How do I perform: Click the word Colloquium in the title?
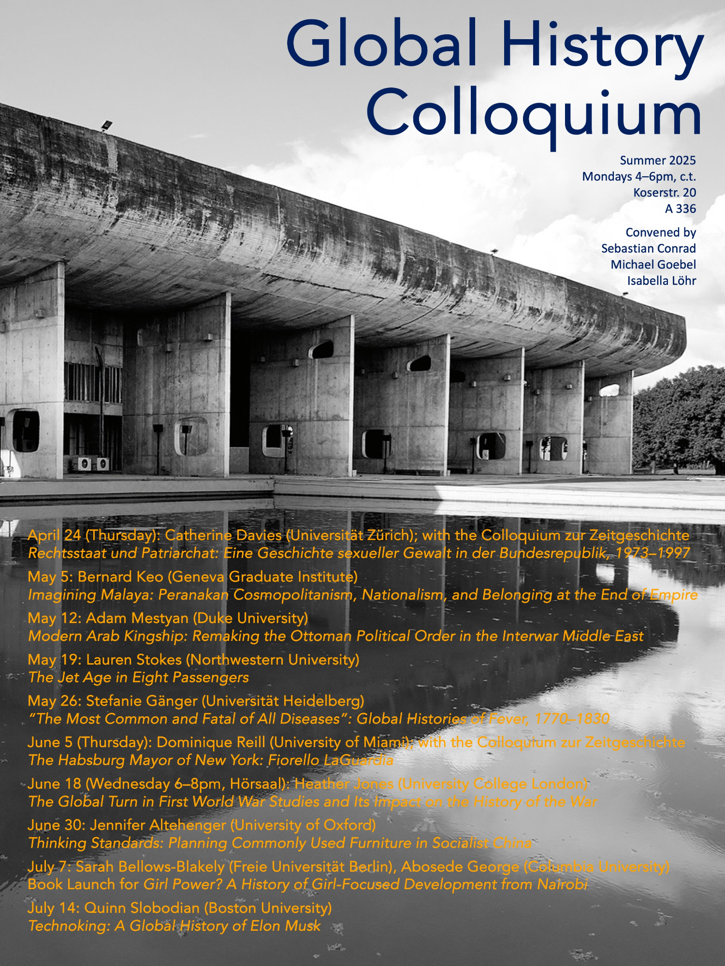pyautogui.click(x=534, y=114)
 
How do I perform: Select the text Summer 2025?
pyautogui.click(x=658, y=160)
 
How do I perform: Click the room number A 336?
pyautogui.click(x=680, y=209)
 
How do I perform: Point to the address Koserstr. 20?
pyautogui.click(x=665, y=193)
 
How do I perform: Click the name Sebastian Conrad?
pyautogui.click(x=648, y=248)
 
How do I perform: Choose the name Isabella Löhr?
pyautogui.click(x=661, y=281)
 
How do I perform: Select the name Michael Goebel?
pyautogui.click(x=653, y=265)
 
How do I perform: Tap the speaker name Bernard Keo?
pyautogui.click(x=120, y=577)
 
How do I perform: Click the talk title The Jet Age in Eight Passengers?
pyautogui.click(x=139, y=678)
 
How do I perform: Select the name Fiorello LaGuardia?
pyautogui.click(x=331, y=760)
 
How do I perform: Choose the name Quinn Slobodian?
pyautogui.click(x=142, y=908)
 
